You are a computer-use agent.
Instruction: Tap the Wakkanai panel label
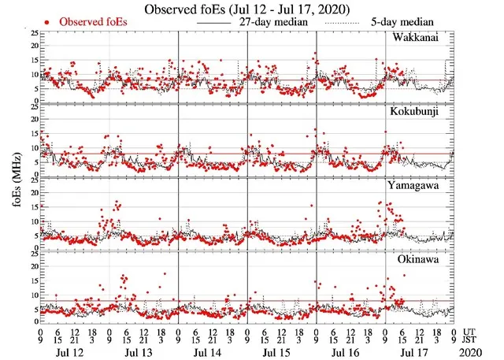click(x=417, y=39)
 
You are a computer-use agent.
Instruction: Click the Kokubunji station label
click(x=416, y=112)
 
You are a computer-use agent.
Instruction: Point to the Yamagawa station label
click(x=416, y=187)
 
